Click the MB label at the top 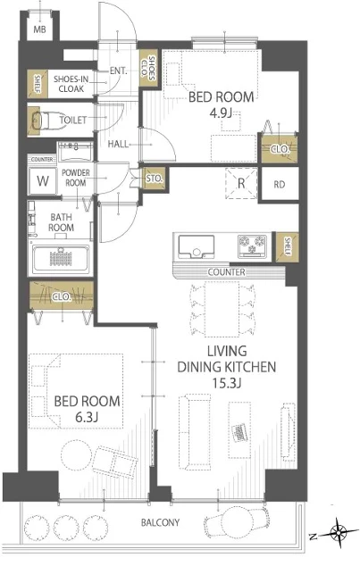[x=39, y=29]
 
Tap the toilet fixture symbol [x=41, y=120]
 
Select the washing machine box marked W [x=43, y=180]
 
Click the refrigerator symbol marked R [x=241, y=183]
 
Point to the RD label [x=279, y=185]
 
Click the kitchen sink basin [x=196, y=247]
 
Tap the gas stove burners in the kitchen [x=252, y=246]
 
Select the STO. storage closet [x=155, y=179]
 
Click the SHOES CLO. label [x=148, y=68]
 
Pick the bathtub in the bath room [x=61, y=259]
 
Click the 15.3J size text [x=226, y=383]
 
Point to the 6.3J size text [x=87, y=417]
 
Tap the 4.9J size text [x=220, y=113]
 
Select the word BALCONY [x=160, y=522]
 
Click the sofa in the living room [x=195, y=432]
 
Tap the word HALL [x=118, y=144]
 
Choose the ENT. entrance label [x=119, y=71]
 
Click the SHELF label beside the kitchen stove [x=288, y=246]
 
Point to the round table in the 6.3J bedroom [x=76, y=454]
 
